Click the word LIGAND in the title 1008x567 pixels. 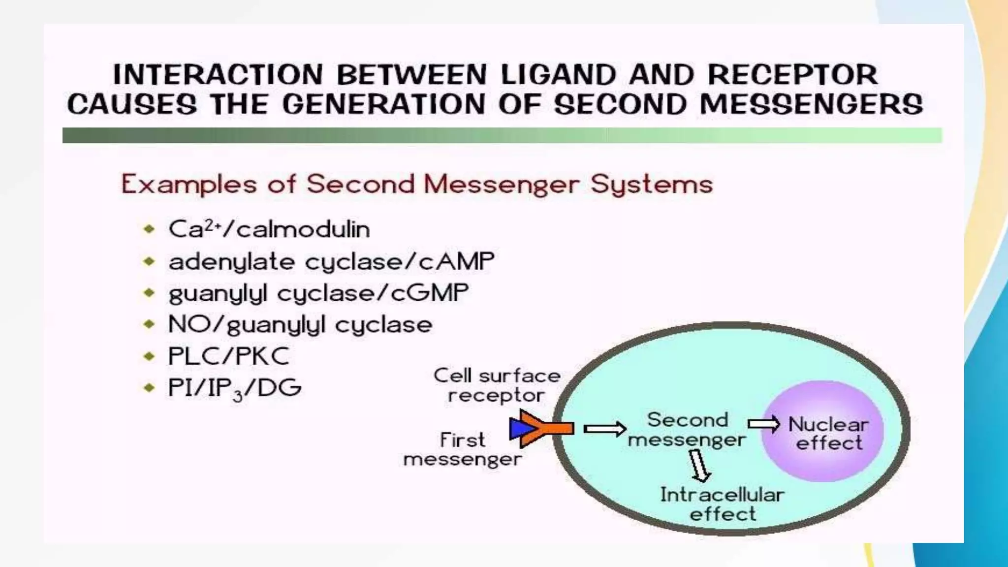click(558, 75)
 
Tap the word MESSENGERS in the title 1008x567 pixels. click(811, 105)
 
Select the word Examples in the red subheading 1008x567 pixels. click(189, 185)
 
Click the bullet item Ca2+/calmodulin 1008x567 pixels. click(269, 229)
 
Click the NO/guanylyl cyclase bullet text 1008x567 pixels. click(300, 325)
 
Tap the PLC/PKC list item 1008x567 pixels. click(229, 356)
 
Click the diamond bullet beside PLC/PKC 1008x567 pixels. click(149, 356)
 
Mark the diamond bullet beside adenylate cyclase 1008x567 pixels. click(149, 261)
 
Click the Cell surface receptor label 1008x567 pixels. click(497, 385)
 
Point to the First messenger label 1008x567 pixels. click(462, 449)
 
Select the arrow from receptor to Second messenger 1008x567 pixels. click(604, 429)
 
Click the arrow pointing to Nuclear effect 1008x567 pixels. click(764, 424)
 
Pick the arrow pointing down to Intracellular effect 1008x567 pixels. click(699, 466)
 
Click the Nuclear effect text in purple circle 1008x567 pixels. click(828, 434)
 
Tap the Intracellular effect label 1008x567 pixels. click(722, 504)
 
